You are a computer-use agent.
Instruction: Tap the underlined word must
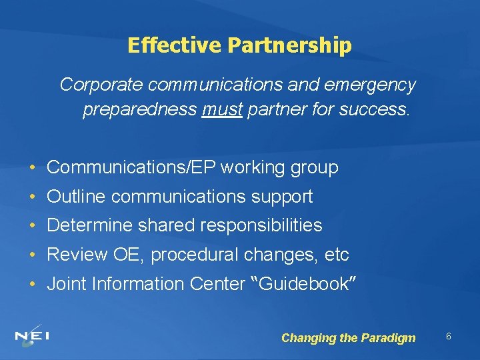click(221, 109)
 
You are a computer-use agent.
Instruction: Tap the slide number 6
click(449, 337)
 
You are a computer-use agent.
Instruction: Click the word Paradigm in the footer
click(388, 338)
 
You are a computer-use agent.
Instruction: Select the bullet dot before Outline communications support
click(33, 197)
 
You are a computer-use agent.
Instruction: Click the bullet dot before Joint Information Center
click(33, 285)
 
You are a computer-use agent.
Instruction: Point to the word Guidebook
click(303, 284)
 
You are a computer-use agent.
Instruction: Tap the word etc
click(336, 255)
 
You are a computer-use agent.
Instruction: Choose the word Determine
click(90, 225)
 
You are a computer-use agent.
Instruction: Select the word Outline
click(77, 197)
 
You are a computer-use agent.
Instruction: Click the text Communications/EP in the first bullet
click(131, 167)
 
